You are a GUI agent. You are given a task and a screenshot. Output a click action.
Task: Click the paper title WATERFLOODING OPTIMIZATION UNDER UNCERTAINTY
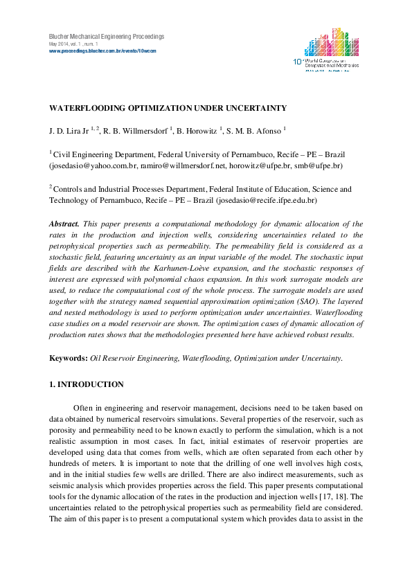167,108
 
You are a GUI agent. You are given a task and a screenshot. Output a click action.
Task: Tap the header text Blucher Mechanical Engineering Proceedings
106,36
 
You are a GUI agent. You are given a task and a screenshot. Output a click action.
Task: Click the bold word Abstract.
64,224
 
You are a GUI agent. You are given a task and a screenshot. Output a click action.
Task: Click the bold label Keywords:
69,358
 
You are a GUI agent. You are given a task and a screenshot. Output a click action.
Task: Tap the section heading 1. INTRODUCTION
86,384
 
